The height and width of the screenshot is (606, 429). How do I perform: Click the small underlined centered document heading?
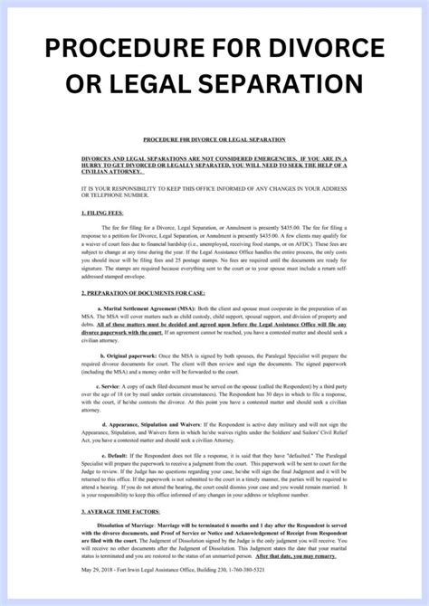point(214,140)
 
